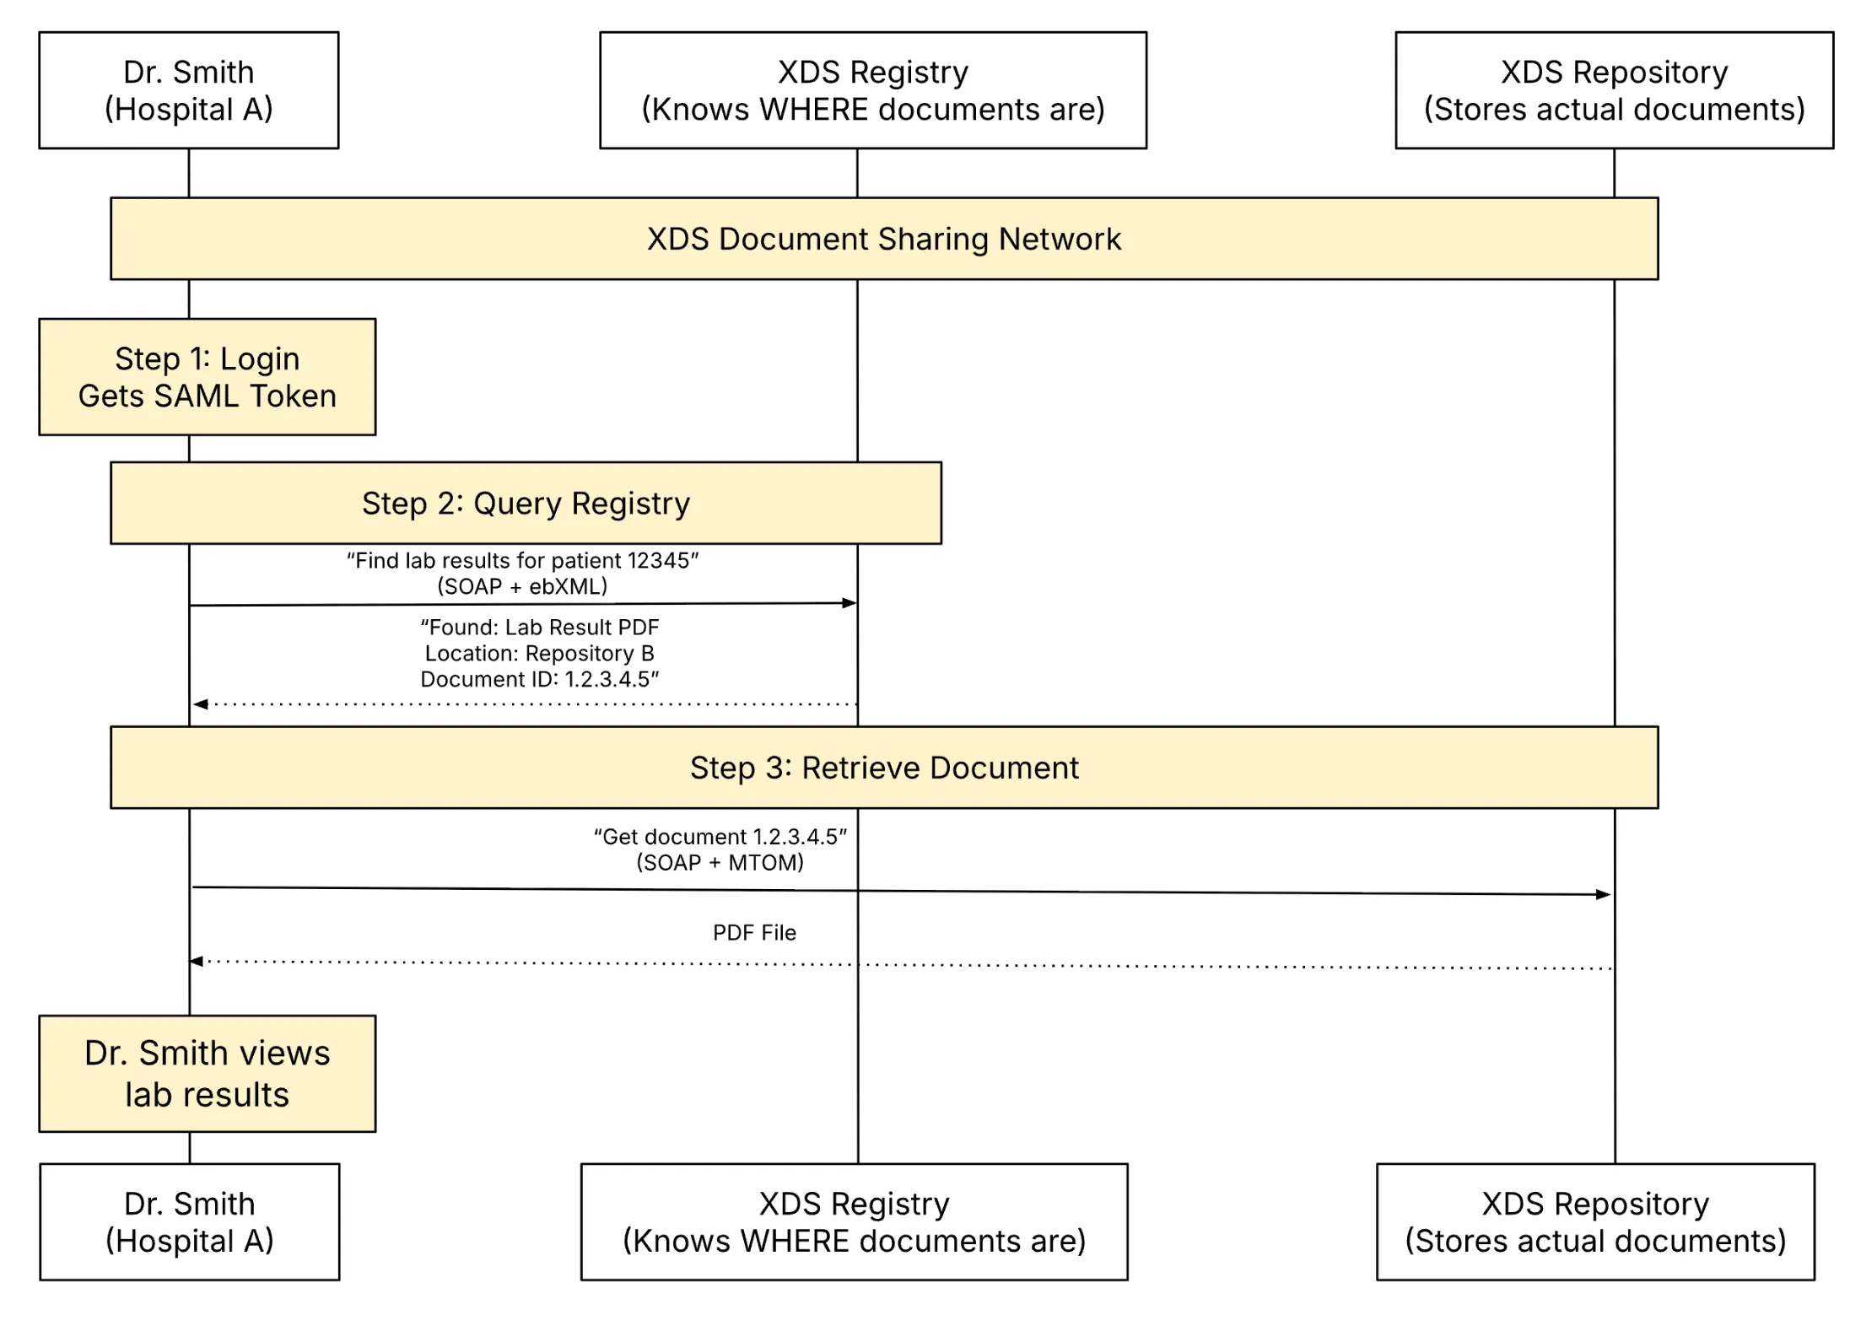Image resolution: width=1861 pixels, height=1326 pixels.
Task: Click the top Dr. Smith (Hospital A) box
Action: pos(188,90)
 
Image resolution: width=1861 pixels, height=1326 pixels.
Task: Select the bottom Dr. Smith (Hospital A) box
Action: pos(189,1221)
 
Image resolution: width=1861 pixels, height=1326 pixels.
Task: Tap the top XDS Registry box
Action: pos(872,90)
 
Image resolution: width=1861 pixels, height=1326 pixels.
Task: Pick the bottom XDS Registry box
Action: pos(854,1221)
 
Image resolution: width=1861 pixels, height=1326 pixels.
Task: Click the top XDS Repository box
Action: pos(1613,90)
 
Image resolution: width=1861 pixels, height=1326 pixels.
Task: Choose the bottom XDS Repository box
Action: pos(1594,1221)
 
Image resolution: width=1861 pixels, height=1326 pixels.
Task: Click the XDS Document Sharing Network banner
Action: pos(883,239)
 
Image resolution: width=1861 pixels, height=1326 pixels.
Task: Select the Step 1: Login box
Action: pos(207,377)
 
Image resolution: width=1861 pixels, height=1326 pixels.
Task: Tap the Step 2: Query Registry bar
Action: pos(526,503)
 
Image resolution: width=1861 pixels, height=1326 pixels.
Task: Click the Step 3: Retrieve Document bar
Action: pos(883,768)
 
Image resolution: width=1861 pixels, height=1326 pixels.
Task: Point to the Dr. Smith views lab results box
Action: pos(207,1073)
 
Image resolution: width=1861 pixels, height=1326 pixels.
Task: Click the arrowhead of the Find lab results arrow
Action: pos(850,603)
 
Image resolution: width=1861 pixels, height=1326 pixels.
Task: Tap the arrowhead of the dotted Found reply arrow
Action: pos(201,704)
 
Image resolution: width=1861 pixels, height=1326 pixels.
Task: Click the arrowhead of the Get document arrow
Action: pos(1603,895)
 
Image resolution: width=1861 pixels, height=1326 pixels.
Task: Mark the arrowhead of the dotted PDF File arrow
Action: pos(197,961)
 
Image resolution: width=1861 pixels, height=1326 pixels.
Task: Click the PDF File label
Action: pos(754,933)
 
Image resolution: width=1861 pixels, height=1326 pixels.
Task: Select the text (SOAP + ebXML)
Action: pos(522,586)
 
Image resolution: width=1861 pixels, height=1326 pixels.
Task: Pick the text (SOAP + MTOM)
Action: pos(720,863)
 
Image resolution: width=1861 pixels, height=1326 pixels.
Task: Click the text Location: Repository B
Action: pos(539,654)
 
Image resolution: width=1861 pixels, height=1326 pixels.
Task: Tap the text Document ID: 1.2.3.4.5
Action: pos(539,680)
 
